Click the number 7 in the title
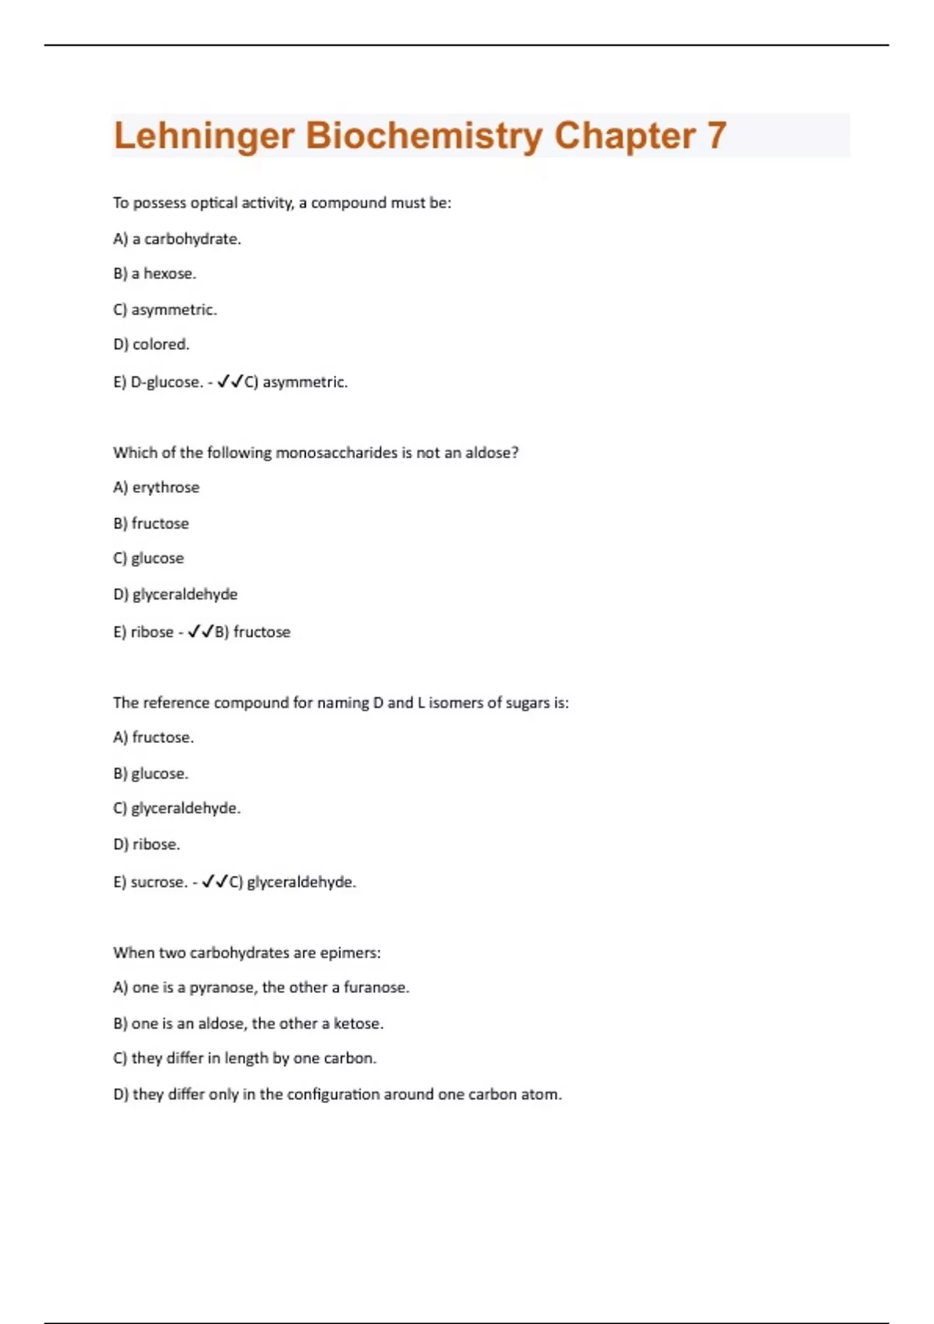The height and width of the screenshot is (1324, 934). click(x=716, y=136)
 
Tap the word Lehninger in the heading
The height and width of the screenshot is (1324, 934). click(x=204, y=136)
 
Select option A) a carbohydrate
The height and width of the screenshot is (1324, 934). click(x=177, y=239)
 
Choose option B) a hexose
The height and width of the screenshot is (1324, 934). click(x=154, y=273)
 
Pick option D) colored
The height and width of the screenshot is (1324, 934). click(x=151, y=344)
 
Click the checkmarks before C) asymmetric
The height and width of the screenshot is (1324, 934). click(x=230, y=382)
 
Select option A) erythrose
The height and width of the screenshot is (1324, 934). click(x=156, y=488)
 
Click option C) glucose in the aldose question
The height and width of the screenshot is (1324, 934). click(x=148, y=558)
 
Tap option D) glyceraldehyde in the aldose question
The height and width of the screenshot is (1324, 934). click(x=175, y=594)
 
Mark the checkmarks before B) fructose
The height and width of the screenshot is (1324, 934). click(x=201, y=632)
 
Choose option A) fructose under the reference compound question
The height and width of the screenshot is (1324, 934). click(x=153, y=738)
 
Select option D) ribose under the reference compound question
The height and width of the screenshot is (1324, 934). click(x=146, y=844)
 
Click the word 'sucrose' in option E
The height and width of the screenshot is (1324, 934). click(x=159, y=882)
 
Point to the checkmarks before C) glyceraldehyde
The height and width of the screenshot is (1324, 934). click(x=215, y=882)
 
